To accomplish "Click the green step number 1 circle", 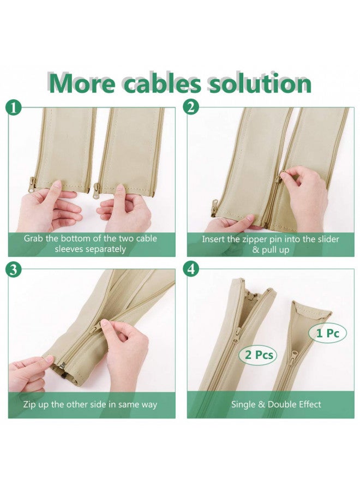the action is click(x=14, y=107).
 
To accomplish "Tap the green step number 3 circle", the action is click(x=14, y=270).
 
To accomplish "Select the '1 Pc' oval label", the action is click(x=328, y=333).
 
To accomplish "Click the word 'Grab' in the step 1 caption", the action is click(x=33, y=238).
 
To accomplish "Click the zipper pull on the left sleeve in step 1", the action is click(x=32, y=185).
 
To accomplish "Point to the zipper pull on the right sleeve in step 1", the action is click(x=97, y=189).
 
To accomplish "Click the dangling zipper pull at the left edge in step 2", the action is click(x=215, y=205).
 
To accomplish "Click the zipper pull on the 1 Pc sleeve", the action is click(x=293, y=357).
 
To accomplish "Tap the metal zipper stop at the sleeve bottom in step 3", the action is click(x=62, y=367).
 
